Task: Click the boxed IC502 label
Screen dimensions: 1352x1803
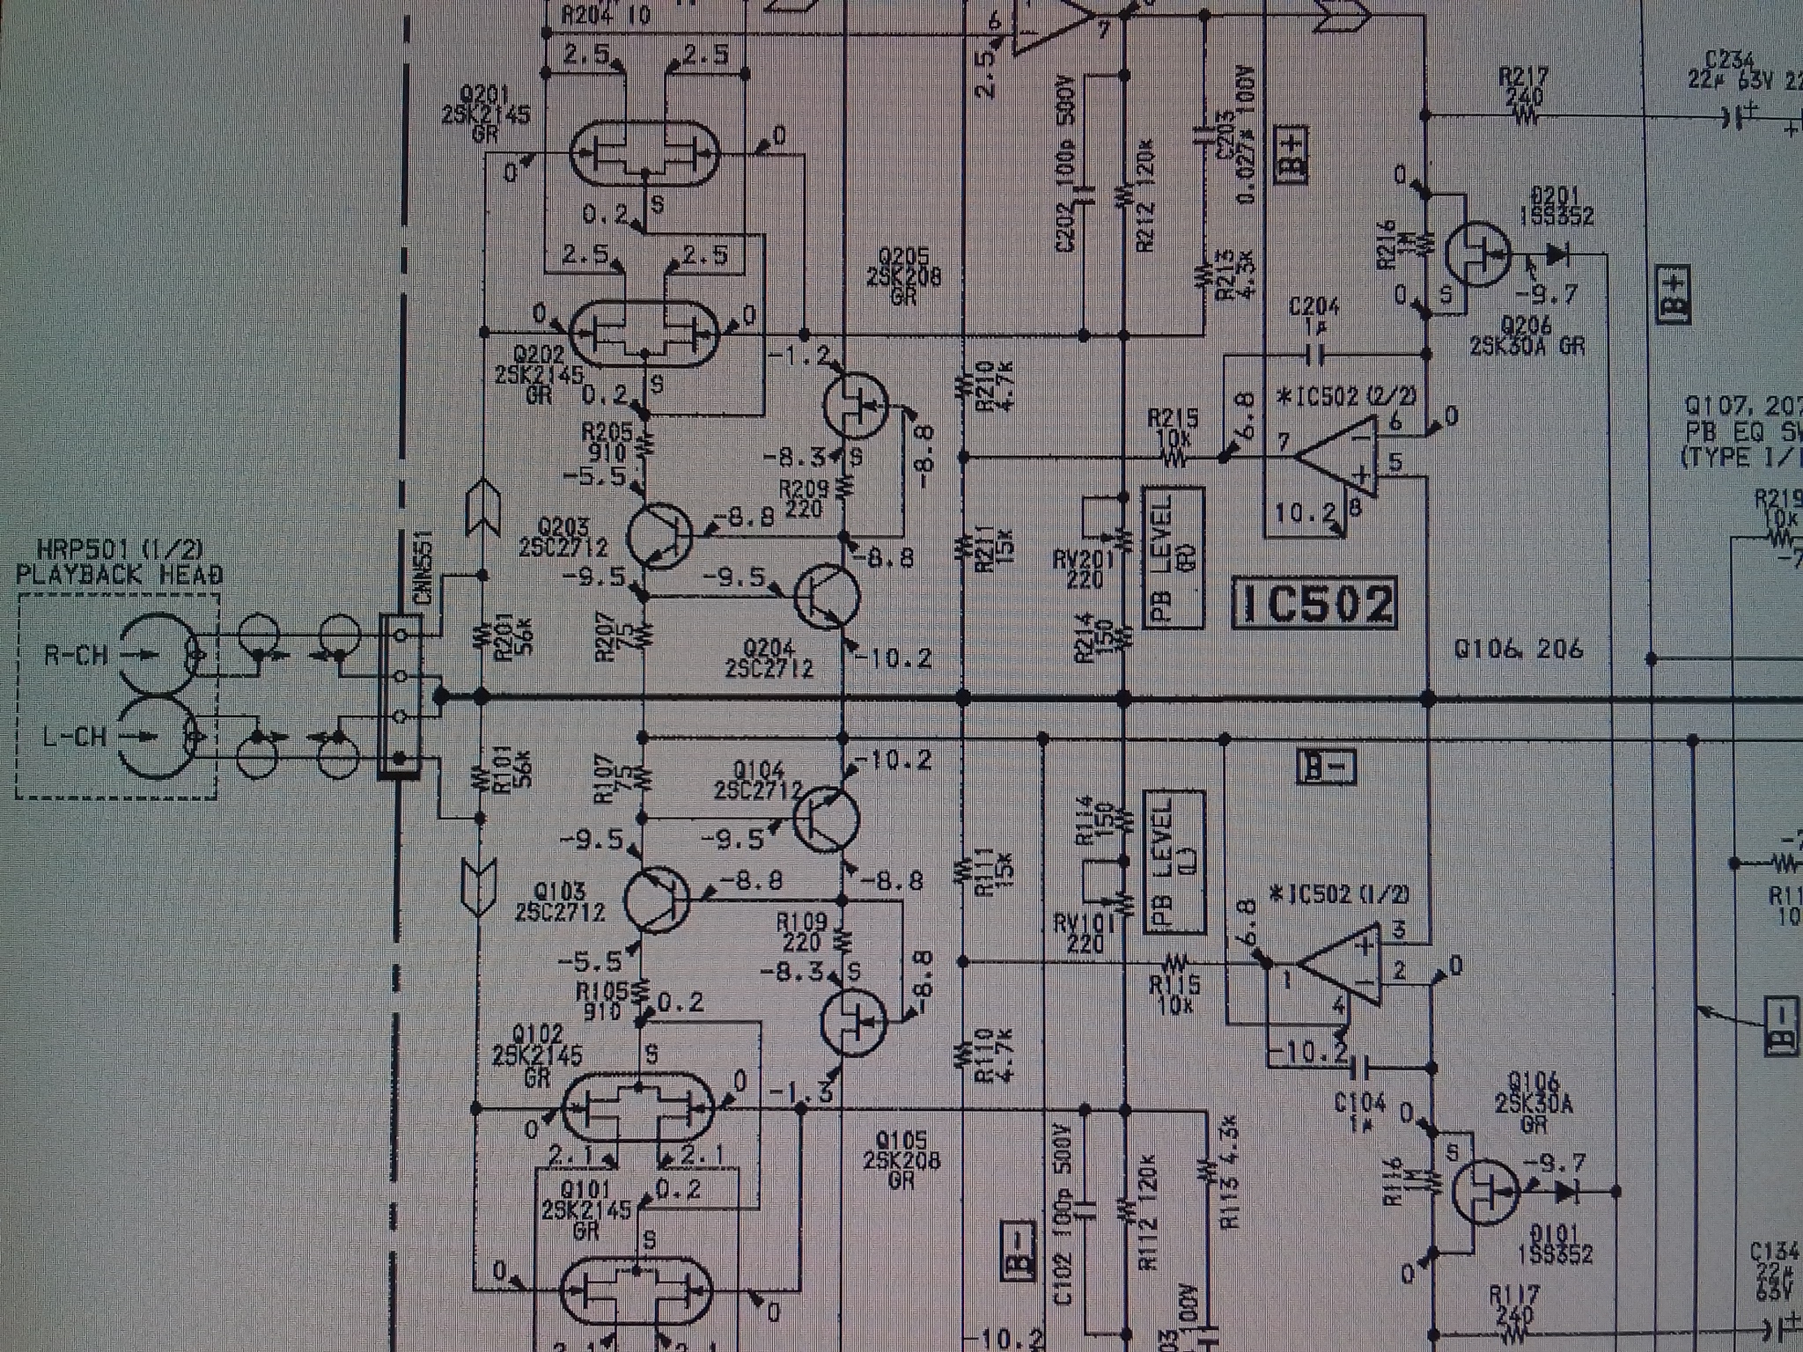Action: [1315, 604]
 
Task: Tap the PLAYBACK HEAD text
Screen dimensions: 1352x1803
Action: [120, 575]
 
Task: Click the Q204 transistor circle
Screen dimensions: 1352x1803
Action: [826, 597]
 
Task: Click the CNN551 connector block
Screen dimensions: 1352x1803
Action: [401, 696]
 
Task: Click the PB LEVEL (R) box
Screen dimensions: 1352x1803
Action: [1173, 557]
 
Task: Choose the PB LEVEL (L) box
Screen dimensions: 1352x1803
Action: [1173, 862]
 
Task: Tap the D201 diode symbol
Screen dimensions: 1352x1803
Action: [1557, 255]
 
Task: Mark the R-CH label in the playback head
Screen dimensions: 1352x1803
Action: [75, 656]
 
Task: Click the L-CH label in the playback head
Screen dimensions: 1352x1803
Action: [75, 736]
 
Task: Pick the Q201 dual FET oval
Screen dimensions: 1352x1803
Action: [644, 155]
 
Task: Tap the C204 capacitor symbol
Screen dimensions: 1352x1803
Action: [1314, 354]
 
